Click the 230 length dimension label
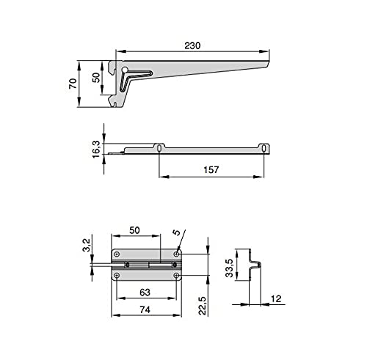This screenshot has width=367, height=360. [192, 45]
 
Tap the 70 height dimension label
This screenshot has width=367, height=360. [73, 84]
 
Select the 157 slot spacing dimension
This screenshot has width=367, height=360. [211, 169]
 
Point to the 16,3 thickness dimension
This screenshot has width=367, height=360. [96, 149]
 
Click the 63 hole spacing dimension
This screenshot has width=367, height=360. [145, 292]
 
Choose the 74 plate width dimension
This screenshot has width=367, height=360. [145, 309]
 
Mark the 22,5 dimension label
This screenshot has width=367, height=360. [203, 306]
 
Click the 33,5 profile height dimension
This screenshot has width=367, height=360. [229, 268]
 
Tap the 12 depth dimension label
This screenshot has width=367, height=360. [276, 298]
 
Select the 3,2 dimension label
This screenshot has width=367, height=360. [87, 245]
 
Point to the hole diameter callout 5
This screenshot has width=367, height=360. [176, 232]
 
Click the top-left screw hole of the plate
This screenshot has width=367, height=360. [117, 254]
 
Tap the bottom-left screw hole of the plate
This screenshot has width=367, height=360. [117, 276]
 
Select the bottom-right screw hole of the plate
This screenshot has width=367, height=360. [176, 276]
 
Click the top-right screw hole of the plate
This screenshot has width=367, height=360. [176, 254]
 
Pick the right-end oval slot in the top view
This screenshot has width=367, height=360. [264, 148]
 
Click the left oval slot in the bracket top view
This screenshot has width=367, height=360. [159, 148]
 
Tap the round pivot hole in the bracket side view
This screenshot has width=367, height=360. [125, 70]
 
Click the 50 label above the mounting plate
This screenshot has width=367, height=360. [134, 230]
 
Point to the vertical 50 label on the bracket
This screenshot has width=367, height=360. [97, 78]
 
